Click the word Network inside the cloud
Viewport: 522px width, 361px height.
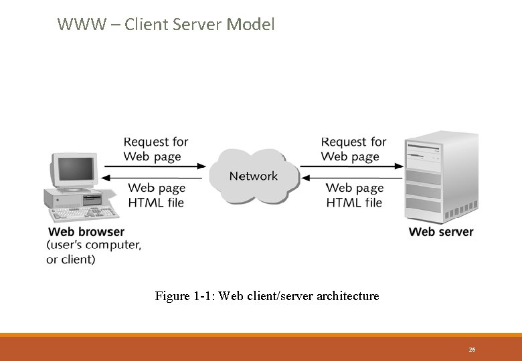coord(253,176)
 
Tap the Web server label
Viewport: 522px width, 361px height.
coord(440,232)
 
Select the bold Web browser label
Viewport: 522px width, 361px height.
coord(86,232)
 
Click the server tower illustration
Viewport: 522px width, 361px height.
coord(441,177)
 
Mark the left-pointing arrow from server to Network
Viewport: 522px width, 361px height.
coord(352,178)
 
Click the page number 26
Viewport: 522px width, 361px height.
coord(472,350)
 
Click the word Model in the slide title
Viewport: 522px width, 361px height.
coord(251,25)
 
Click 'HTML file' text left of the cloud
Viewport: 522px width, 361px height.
coord(155,203)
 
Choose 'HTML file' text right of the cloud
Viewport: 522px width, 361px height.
coord(354,203)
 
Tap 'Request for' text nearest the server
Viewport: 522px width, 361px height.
coord(353,142)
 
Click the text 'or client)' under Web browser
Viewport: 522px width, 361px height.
coord(71,259)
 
